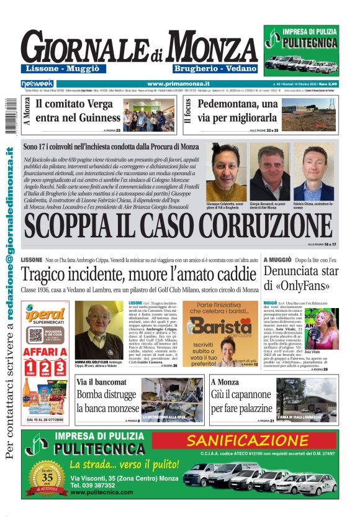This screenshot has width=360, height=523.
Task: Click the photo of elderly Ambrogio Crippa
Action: point(99,330)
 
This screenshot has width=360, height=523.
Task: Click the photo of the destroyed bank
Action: point(173,400)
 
